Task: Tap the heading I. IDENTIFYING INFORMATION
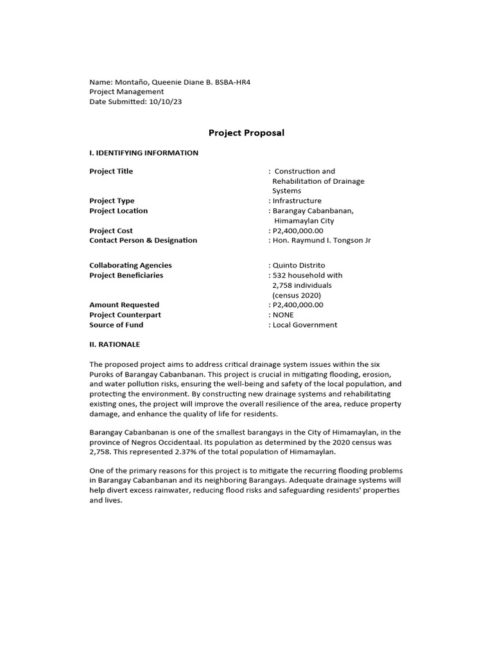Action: pyautogui.click(x=144, y=153)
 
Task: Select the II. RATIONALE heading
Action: pyautogui.click(x=114, y=344)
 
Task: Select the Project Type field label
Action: pyautogui.click(x=112, y=201)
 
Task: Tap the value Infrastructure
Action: pyautogui.click(x=297, y=201)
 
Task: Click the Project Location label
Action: pyautogui.click(x=118, y=211)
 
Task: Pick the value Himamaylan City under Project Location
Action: pyautogui.click(x=304, y=221)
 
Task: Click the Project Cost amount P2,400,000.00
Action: pyautogui.click(x=298, y=231)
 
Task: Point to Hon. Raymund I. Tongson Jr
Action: pyautogui.click(x=322, y=240)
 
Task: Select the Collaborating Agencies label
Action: pyautogui.click(x=130, y=265)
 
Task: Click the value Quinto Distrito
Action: pyautogui.click(x=299, y=265)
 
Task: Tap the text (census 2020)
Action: pyautogui.click(x=297, y=295)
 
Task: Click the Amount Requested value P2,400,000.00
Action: pyautogui.click(x=298, y=305)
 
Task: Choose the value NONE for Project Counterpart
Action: pyautogui.click(x=283, y=315)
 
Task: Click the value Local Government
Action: pyautogui.click(x=305, y=325)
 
